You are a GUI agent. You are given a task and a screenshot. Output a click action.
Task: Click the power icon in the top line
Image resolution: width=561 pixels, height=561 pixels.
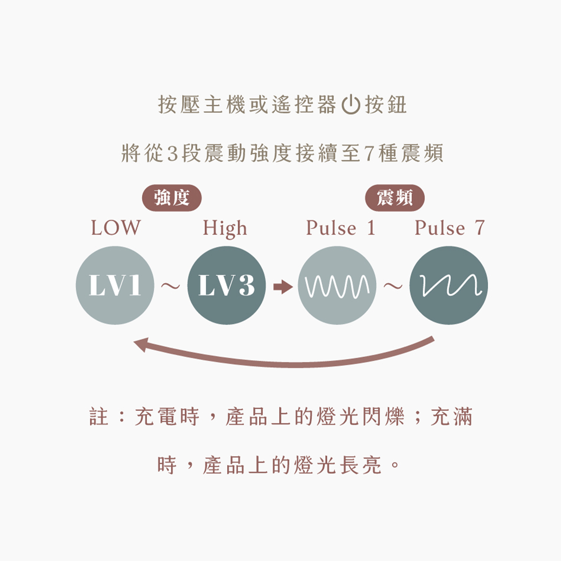pyautogui.click(x=351, y=104)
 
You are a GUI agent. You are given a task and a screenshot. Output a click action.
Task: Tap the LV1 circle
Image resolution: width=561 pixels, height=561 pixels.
pyautogui.click(x=115, y=285)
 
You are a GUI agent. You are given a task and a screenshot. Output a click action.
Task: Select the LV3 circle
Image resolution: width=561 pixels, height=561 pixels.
pyautogui.click(x=226, y=285)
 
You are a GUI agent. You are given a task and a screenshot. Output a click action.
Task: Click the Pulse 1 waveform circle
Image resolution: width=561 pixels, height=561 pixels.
pyautogui.click(x=337, y=285)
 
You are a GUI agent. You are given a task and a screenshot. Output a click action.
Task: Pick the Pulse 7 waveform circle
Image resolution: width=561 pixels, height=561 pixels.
pyautogui.click(x=448, y=285)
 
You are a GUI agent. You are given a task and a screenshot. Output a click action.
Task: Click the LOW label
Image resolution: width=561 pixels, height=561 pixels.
pyautogui.click(x=115, y=228)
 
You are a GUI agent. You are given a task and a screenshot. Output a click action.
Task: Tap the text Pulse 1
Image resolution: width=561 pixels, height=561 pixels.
pyautogui.click(x=340, y=228)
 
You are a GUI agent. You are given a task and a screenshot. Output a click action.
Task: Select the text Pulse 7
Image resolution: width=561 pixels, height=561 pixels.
pyautogui.click(x=449, y=228)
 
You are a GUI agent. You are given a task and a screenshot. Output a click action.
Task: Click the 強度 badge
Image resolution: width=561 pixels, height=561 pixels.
pyautogui.click(x=172, y=198)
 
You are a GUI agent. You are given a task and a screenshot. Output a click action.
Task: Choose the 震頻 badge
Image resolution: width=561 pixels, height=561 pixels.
pyautogui.click(x=395, y=198)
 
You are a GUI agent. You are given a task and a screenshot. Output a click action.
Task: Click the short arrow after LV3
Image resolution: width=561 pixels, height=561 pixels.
pyautogui.click(x=283, y=287)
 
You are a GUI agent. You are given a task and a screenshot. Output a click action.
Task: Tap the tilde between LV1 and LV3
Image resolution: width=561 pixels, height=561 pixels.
pyautogui.click(x=171, y=286)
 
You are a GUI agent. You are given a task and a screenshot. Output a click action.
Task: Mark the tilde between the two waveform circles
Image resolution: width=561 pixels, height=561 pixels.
pyautogui.click(x=393, y=286)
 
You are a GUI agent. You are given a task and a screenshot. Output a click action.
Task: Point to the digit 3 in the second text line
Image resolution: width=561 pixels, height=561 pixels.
pyautogui.click(x=172, y=153)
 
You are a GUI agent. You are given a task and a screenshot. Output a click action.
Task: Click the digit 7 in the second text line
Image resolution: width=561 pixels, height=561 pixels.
pyautogui.click(x=369, y=153)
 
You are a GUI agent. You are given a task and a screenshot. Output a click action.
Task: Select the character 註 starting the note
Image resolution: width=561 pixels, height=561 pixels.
pyautogui.click(x=99, y=416)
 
